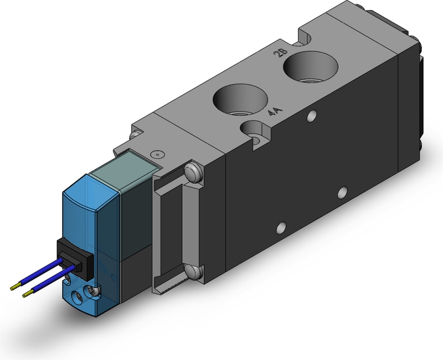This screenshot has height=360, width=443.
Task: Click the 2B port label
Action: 281,53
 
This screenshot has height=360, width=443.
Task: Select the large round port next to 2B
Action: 311,68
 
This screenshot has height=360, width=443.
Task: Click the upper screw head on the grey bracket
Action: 193,172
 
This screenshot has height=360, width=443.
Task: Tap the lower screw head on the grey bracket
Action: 194,271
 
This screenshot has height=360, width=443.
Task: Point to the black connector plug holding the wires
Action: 75,259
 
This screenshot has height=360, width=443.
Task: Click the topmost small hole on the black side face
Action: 311,116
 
